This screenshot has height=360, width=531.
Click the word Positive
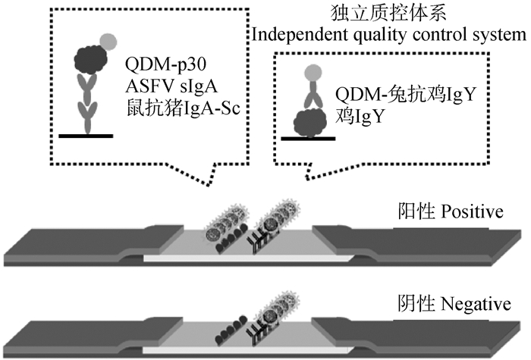coord(471,210)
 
